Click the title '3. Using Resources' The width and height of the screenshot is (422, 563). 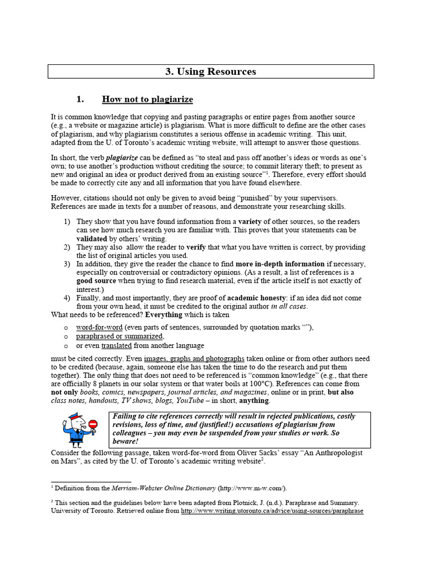[211, 71]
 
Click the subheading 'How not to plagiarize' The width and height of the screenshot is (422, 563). [147, 100]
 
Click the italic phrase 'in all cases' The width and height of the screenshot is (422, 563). [289, 306]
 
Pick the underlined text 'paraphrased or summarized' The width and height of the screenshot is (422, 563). [119, 336]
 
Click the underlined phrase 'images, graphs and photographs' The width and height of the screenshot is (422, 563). [195, 358]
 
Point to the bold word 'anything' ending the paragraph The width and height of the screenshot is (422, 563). [253, 401]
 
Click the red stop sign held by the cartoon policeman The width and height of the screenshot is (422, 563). [92, 424]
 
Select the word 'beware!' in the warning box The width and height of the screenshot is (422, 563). [126, 441]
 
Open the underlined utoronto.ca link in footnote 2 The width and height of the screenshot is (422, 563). [272, 511]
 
